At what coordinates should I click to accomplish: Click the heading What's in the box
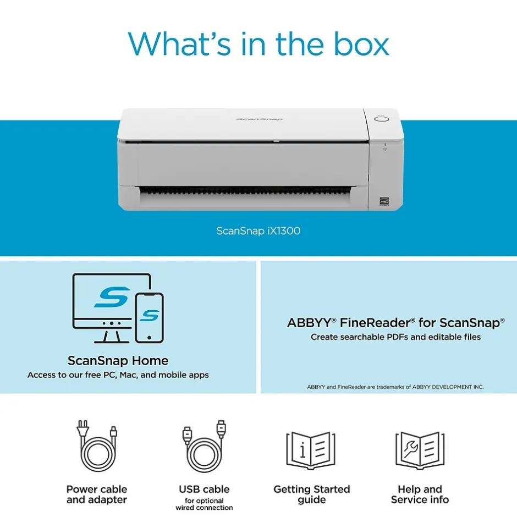258,44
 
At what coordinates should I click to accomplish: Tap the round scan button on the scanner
382,119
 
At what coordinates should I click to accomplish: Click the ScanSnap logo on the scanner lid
259,119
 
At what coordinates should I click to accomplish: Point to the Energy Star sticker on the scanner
384,201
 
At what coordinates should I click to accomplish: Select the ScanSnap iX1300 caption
258,231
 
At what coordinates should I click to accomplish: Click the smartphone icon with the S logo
150,318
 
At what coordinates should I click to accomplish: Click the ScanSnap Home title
118,360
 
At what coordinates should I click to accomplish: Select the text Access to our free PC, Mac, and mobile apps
118,375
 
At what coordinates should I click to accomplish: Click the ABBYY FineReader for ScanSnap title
395,322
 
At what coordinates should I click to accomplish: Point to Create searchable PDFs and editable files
395,337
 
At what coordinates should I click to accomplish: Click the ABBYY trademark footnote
395,387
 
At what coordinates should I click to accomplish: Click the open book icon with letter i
311,450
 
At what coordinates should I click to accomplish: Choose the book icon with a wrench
420,450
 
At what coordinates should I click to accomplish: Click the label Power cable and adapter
97,494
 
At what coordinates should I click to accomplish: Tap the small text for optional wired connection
204,504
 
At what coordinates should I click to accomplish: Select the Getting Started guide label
312,494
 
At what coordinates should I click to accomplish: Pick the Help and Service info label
420,494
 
